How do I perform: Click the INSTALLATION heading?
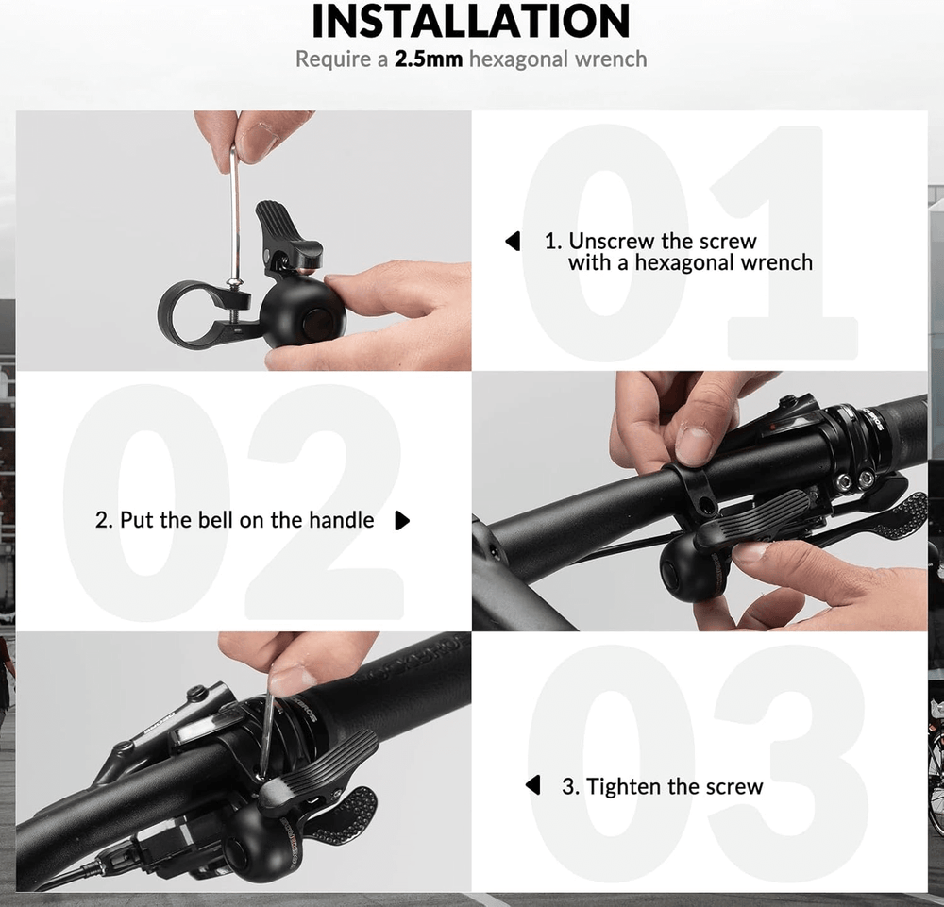click(x=471, y=22)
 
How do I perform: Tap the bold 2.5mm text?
click(x=428, y=59)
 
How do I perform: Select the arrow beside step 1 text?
click(x=514, y=242)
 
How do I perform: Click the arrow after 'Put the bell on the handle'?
click(x=402, y=521)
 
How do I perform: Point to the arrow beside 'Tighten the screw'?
click(x=533, y=785)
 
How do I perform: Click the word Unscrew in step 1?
click(x=612, y=242)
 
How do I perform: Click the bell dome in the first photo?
click(x=302, y=317)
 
